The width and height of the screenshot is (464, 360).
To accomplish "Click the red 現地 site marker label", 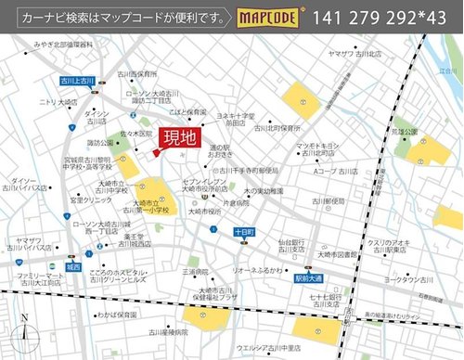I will (180, 139).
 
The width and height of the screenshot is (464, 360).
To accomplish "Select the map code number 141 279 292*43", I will (380, 18).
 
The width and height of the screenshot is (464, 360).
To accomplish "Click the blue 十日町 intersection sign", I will (244, 232).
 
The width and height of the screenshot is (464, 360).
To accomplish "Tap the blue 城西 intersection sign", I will (73, 267).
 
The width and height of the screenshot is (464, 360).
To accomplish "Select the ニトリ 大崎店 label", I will (58, 102).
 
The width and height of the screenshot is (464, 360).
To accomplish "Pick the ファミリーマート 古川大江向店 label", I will (41, 281).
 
